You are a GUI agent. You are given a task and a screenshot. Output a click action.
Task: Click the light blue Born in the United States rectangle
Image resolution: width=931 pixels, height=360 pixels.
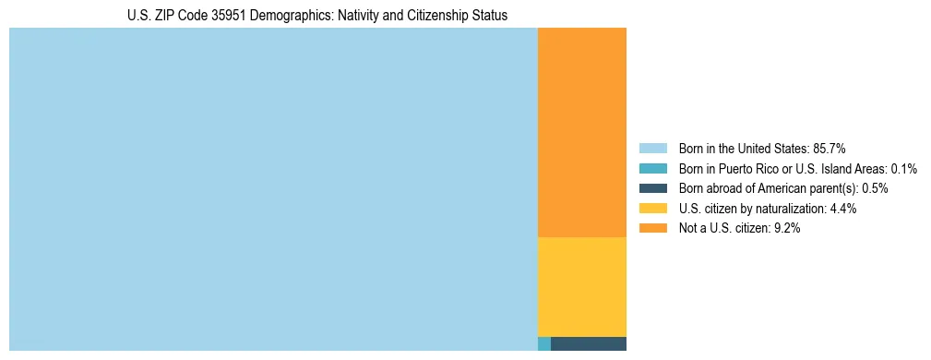[273, 189]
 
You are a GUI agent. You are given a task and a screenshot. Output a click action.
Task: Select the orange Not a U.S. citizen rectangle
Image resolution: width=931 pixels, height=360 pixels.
[581, 133]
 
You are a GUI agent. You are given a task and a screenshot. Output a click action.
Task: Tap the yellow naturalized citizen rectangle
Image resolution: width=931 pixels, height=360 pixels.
[581, 286]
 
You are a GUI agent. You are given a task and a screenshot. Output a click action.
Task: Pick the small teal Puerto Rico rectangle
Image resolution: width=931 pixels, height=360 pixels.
[543, 343]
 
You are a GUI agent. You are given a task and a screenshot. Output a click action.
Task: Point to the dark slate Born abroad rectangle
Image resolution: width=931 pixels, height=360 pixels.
[588, 343]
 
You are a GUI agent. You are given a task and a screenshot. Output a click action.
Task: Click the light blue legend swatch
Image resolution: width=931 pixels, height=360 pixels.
[652, 148]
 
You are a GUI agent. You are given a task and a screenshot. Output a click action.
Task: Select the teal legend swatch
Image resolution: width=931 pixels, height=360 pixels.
[652, 168]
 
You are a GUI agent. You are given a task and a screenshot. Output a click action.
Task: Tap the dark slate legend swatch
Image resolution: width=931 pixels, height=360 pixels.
[652, 188]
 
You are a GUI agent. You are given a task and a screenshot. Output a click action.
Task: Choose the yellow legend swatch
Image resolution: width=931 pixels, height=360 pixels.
[652, 209]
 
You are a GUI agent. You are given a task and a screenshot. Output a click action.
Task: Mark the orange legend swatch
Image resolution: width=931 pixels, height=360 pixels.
[652, 229]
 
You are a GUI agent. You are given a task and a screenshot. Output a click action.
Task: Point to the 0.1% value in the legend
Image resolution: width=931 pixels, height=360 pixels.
[904, 168]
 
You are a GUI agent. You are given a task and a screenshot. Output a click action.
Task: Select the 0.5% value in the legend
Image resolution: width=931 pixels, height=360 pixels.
[875, 188]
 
